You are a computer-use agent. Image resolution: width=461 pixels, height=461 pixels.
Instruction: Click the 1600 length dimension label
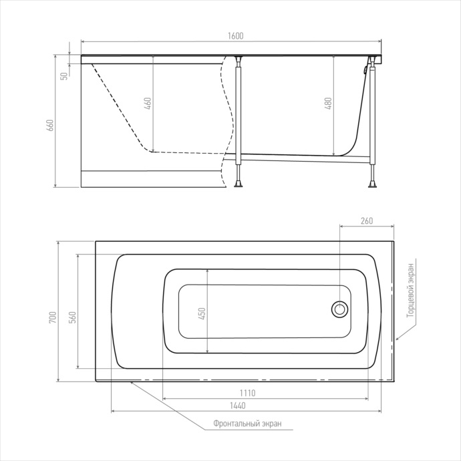pyautogui.click(x=235, y=36)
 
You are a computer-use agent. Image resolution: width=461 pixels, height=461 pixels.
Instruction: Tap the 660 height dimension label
pyautogui.click(x=51, y=125)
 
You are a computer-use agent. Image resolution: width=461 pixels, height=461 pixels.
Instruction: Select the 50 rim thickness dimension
pyautogui.click(x=64, y=76)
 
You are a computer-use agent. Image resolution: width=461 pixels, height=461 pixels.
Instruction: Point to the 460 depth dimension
pyautogui.click(x=148, y=104)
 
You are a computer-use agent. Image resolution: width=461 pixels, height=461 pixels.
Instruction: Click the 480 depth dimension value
pyautogui.click(x=329, y=104)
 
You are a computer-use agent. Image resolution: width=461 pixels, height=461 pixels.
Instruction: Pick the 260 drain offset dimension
pyautogui.click(x=367, y=220)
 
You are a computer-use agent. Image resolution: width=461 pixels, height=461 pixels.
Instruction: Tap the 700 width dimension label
pyautogui.click(x=53, y=317)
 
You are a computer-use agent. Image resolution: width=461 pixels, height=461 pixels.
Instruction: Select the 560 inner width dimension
pyautogui.click(x=73, y=317)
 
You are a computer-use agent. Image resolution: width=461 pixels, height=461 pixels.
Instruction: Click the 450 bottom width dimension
pyautogui.click(x=202, y=313)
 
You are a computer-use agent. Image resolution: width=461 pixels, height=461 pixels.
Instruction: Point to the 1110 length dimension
pyautogui.click(x=248, y=393)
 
